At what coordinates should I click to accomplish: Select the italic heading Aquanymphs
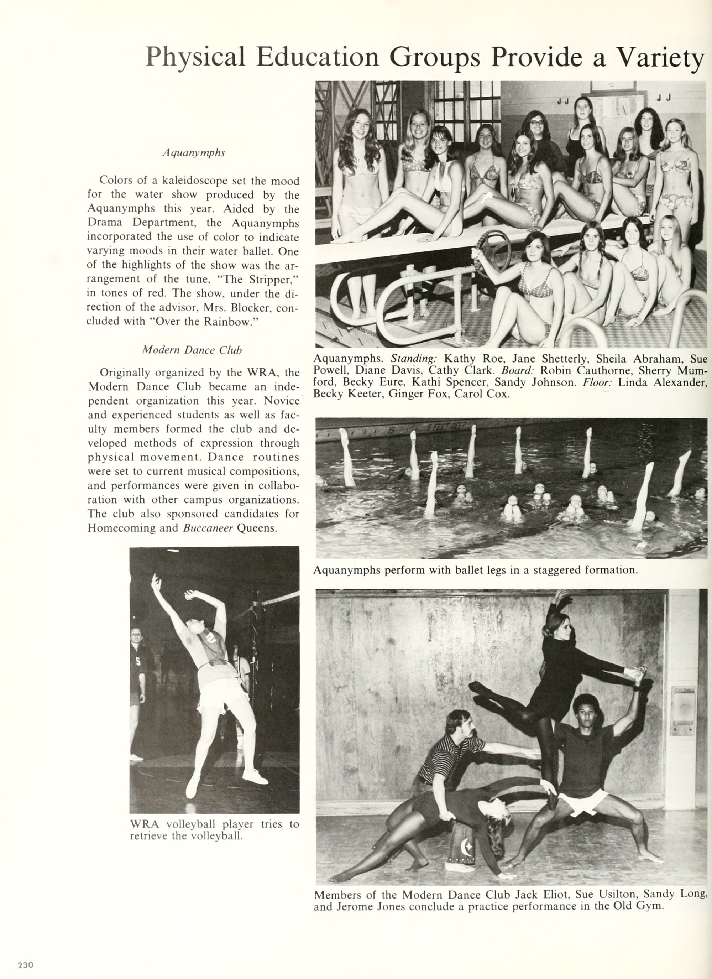(x=194, y=153)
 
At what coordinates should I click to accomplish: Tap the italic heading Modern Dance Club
(x=192, y=350)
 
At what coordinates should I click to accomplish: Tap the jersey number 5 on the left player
(x=138, y=661)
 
